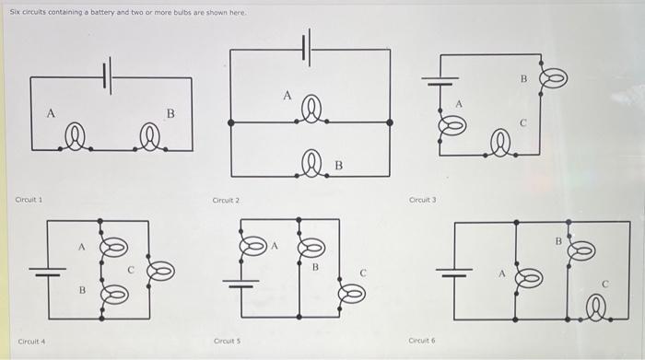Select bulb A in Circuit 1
click(76, 138)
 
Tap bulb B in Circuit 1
click(150, 138)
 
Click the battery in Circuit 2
click(307, 48)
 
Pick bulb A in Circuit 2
click(311, 110)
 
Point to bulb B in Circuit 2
click(311, 164)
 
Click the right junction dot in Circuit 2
click(390, 122)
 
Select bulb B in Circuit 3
click(554, 78)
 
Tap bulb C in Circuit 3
click(500, 143)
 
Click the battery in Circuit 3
click(440, 81)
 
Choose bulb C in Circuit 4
click(161, 271)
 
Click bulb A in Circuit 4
click(114, 248)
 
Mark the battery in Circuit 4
click(48, 272)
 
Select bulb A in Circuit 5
click(253, 246)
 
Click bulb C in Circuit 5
click(352, 294)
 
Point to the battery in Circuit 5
click(241, 284)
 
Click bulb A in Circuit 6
click(529, 278)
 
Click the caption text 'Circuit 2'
click(226, 200)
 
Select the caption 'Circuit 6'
click(422, 341)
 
